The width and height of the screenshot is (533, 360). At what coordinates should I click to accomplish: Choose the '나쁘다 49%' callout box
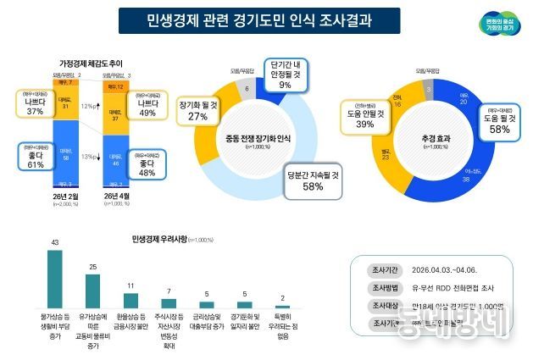point(147,107)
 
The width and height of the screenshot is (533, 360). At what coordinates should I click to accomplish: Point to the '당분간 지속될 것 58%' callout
point(313,181)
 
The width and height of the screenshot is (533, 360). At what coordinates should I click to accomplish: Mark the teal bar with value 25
point(92,291)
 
